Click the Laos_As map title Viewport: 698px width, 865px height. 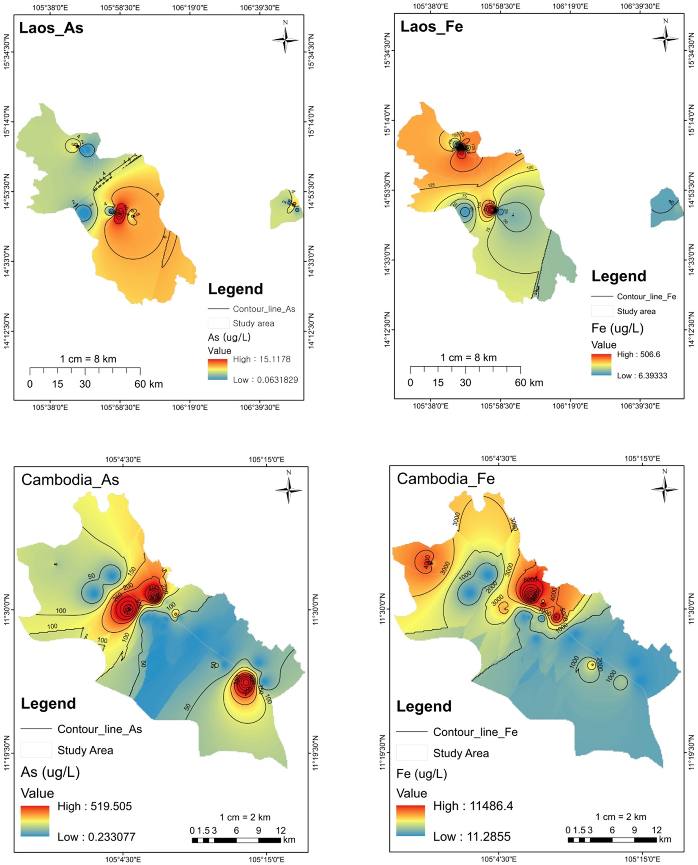click(x=51, y=28)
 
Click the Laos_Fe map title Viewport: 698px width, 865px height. click(x=432, y=27)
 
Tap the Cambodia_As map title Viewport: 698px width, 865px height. click(x=70, y=480)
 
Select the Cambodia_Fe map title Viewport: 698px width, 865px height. click(x=446, y=479)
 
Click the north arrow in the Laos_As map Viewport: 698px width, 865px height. click(x=285, y=39)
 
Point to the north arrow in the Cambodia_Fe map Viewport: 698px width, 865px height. click(x=664, y=488)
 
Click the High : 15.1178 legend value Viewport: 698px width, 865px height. click(x=262, y=359)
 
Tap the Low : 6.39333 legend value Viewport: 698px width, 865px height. click(x=642, y=375)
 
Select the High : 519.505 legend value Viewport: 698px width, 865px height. click(x=95, y=806)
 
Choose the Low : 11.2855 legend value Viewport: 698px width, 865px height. click(x=472, y=836)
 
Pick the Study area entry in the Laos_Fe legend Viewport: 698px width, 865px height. click(x=636, y=311)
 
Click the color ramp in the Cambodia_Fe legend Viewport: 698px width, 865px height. click(x=411, y=821)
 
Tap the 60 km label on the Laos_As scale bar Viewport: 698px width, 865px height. click(x=148, y=384)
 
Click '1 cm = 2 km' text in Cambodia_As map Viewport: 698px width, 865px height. click(x=245, y=817)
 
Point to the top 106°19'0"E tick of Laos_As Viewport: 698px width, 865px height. click(x=190, y=7)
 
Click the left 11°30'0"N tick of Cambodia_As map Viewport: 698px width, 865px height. click(x=7, y=609)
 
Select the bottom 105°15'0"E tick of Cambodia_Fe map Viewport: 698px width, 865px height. click(x=642, y=859)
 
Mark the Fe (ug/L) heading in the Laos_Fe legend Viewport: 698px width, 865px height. click(x=617, y=328)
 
